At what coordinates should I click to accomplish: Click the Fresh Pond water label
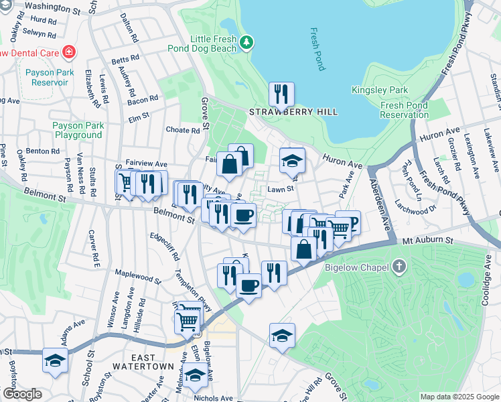(317, 49)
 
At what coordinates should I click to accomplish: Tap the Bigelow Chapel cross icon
(399, 268)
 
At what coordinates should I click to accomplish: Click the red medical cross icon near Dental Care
(68, 52)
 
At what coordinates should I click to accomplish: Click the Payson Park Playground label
(78, 130)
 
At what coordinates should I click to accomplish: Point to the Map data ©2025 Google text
(459, 396)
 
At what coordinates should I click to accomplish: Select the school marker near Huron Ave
(292, 160)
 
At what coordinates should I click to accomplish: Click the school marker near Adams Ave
(55, 360)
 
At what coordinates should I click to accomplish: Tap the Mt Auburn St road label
(428, 240)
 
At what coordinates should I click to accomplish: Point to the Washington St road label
(61, 7)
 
